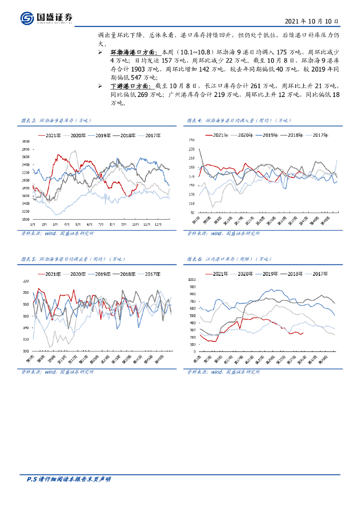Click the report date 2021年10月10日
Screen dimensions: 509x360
(x=312, y=22)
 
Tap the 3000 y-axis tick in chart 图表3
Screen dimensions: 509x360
(x=25, y=142)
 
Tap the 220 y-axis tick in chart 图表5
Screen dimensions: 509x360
(x=26, y=281)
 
